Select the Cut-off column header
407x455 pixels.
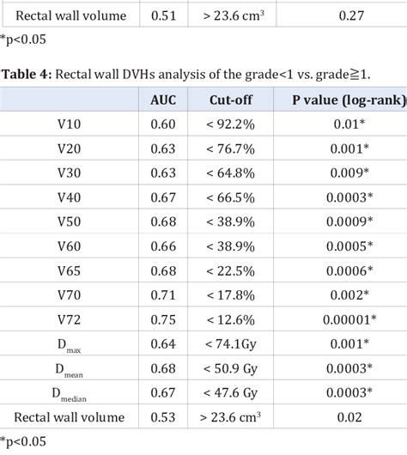tap(230, 100)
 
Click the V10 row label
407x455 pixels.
tap(70, 124)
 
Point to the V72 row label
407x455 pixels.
tap(70, 319)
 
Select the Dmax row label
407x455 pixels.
tap(70, 344)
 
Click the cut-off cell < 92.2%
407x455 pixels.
tap(230, 124)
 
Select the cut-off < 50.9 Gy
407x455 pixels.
tap(230, 368)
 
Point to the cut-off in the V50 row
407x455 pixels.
tap(230, 221)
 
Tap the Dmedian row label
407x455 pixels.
tap(70, 393)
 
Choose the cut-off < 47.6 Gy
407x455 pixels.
tap(230, 392)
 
